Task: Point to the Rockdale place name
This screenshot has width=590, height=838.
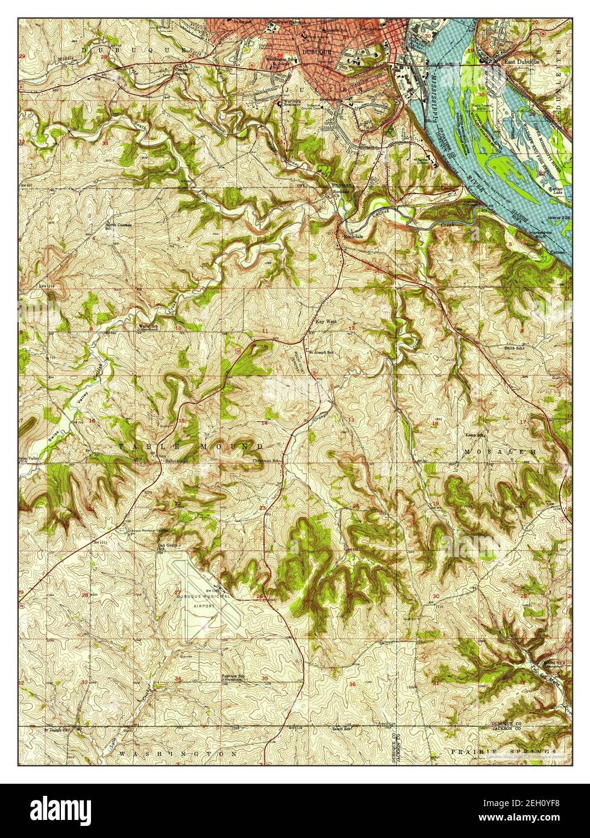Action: (x=353, y=236)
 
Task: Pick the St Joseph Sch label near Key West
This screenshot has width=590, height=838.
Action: (x=320, y=352)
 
